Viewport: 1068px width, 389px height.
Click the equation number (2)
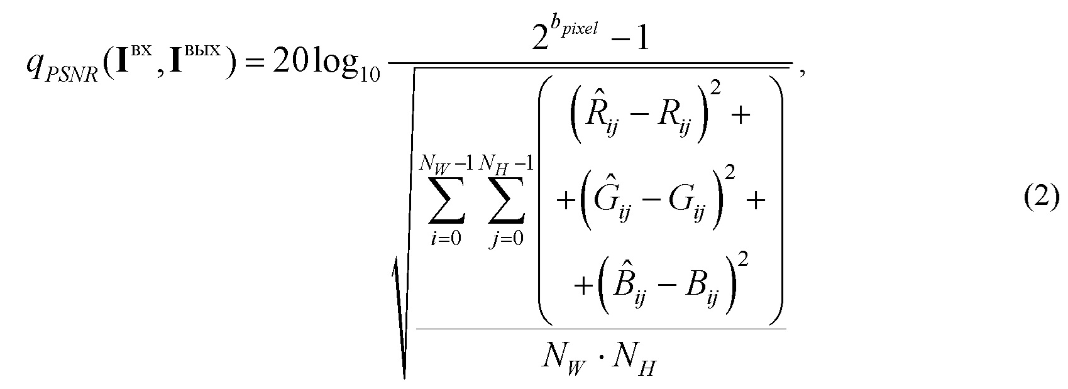pos(1041,199)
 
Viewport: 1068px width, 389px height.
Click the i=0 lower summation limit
pos(447,239)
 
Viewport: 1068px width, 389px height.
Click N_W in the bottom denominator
pos(559,360)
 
